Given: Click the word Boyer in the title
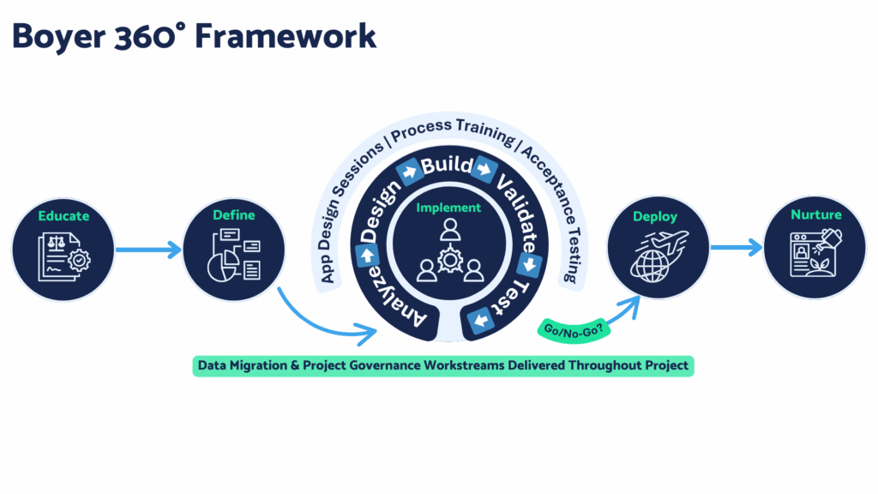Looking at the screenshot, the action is (59, 37).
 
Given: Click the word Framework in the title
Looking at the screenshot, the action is (286, 36).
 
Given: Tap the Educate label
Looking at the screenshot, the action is (63, 215).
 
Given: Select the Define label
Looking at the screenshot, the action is (233, 214).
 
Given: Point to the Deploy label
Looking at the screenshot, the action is (654, 217).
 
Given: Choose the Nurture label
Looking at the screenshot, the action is (816, 214).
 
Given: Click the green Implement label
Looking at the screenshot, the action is (448, 208).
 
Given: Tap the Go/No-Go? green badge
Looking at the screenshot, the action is (574, 330).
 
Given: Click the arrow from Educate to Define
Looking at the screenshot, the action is (148, 250).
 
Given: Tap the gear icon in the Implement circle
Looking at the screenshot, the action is (450, 260).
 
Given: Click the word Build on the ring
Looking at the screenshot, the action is (447, 166).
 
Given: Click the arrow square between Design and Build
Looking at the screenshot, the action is (409, 172).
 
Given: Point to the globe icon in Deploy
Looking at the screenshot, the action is (651, 266).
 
